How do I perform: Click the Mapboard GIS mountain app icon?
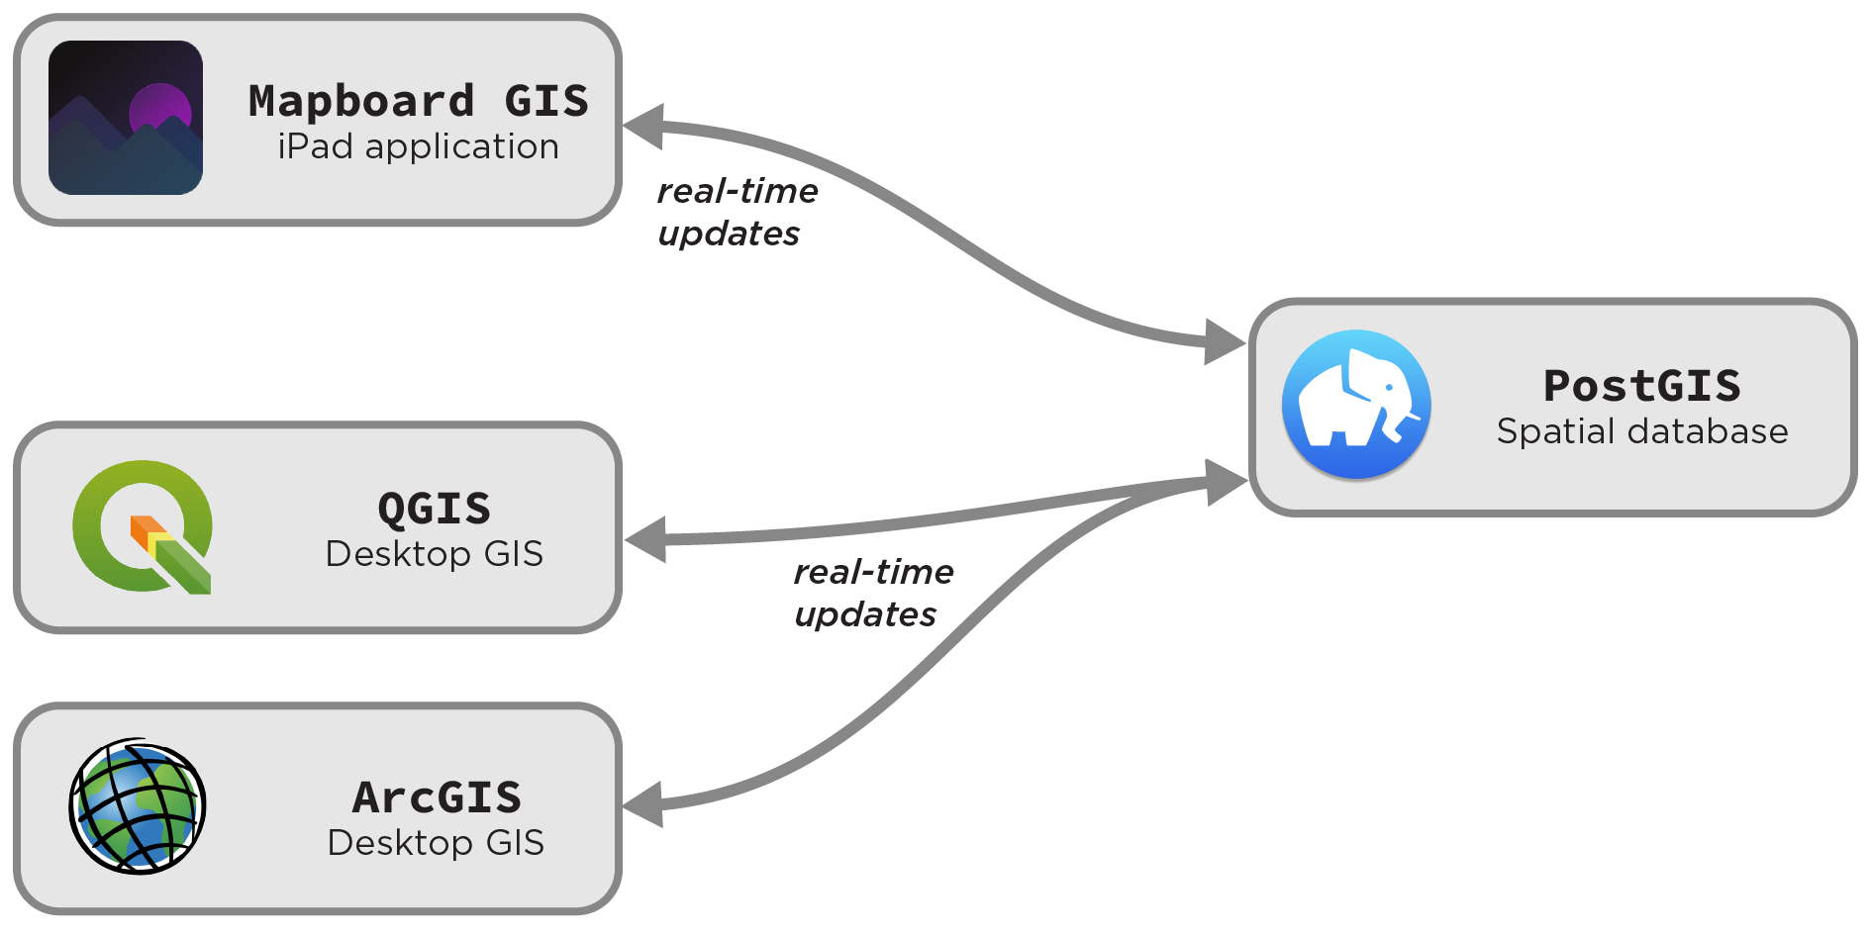(x=126, y=118)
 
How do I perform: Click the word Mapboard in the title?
(x=361, y=101)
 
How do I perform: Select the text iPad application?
(x=418, y=146)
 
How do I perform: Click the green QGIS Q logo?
(x=142, y=525)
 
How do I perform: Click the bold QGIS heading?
(x=434, y=509)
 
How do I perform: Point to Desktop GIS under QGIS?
(x=434, y=554)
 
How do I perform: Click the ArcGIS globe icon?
(x=138, y=806)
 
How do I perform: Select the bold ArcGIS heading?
(x=437, y=797)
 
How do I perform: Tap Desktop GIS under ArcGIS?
(x=436, y=843)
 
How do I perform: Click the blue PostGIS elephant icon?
(x=1356, y=405)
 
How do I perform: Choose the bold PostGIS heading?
(x=1641, y=386)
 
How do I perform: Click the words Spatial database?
(x=1642, y=431)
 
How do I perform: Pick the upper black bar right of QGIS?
(x=911, y=571)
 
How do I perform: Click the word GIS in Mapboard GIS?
(x=546, y=101)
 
